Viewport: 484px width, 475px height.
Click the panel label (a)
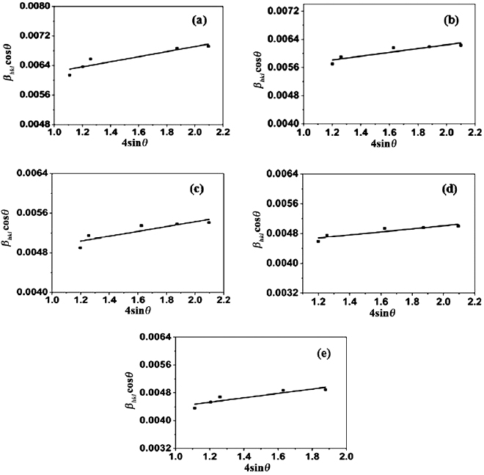(198, 21)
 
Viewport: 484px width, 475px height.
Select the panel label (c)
(197, 189)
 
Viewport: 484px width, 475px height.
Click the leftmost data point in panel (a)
(70, 75)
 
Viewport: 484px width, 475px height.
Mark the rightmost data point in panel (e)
(325, 389)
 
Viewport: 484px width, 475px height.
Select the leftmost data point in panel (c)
(80, 247)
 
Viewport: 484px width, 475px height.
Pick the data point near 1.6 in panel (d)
(384, 228)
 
